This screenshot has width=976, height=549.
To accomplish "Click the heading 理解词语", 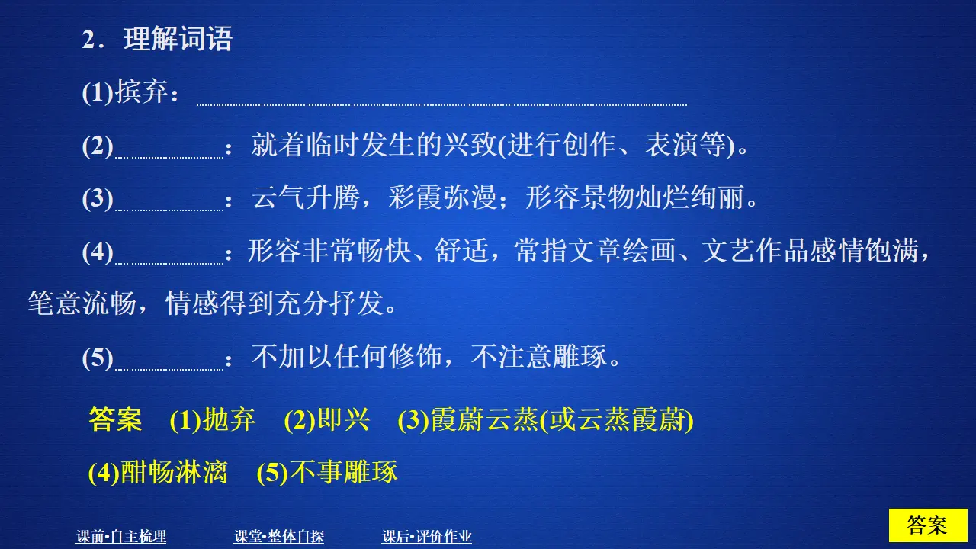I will (178, 40).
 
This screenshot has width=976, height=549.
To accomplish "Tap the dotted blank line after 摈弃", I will (442, 102).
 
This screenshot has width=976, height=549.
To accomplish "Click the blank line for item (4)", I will (168, 261).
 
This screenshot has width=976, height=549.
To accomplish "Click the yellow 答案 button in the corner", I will (927, 525).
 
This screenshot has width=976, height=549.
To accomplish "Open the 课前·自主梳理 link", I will (121, 537).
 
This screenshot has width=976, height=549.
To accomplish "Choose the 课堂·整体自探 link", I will (279, 537).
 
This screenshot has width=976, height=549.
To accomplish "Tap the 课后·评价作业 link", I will (427, 537).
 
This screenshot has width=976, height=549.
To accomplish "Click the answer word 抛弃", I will (229, 420).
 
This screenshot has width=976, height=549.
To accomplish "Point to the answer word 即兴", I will (343, 420).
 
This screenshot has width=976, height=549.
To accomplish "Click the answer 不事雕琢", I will (344, 473).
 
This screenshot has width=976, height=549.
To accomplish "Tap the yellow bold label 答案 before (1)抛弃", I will (115, 420).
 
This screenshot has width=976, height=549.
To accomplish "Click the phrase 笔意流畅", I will (82, 304).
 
